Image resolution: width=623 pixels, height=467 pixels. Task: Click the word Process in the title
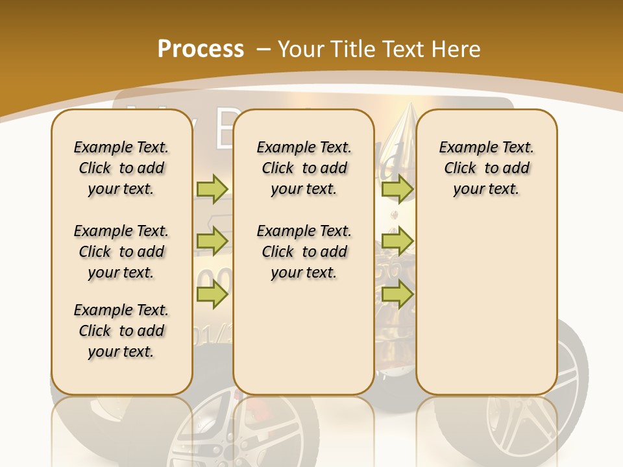point(201,49)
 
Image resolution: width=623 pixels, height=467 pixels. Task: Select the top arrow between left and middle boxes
point(212,189)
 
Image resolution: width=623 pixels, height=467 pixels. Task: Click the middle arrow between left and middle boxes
point(212,241)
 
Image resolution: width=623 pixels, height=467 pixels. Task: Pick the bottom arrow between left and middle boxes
point(212,295)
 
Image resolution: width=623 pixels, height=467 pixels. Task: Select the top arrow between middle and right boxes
point(397,189)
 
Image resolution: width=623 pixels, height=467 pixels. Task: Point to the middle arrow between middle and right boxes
point(397,241)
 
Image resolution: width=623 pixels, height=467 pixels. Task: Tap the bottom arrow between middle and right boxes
point(397,295)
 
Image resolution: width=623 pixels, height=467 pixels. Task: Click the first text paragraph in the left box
point(121,168)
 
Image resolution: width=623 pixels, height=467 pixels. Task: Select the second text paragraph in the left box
point(121,252)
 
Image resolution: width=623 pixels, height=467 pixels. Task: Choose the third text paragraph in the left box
point(121,331)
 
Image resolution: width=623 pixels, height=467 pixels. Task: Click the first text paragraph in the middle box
point(304,168)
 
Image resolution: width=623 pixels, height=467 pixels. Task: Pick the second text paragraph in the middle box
point(304,252)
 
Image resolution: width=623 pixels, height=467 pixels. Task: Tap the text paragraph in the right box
point(486,168)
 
